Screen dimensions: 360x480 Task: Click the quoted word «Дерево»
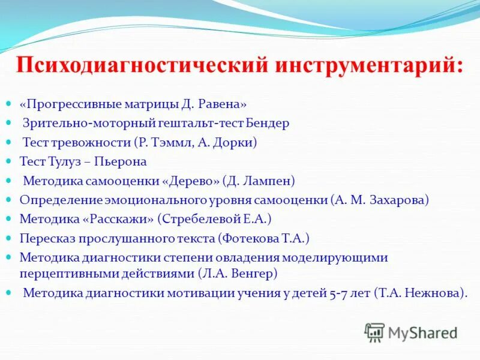[x=191, y=181]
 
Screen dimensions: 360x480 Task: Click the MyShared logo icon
[x=374, y=332]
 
